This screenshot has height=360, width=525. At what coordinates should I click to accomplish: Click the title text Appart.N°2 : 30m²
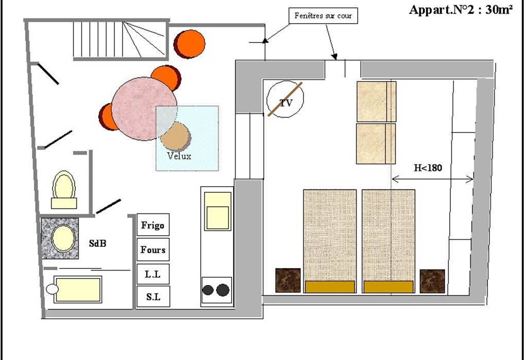[461, 10]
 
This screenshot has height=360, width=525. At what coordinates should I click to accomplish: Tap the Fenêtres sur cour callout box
[323, 16]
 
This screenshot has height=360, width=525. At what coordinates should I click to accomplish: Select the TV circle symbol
[286, 99]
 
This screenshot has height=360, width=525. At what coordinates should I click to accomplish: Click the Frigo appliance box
[153, 225]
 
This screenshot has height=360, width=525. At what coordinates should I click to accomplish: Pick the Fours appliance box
[153, 250]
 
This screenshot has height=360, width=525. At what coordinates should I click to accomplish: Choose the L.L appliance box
[153, 274]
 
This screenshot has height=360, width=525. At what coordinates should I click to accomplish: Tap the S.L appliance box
[153, 297]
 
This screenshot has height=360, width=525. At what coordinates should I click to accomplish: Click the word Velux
[179, 156]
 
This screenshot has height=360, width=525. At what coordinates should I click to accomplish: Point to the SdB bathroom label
[98, 244]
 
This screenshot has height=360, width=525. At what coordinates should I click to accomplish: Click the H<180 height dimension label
[428, 168]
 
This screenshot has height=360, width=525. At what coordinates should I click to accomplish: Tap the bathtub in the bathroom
[78, 290]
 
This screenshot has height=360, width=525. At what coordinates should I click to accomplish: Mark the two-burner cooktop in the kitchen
[216, 290]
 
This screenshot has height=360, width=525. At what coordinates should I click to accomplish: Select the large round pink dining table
[144, 109]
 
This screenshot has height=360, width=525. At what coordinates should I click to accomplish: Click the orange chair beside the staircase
[190, 44]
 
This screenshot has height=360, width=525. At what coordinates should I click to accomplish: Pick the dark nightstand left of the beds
[288, 280]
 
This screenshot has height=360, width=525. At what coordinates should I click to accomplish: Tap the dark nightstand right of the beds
[432, 281]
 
